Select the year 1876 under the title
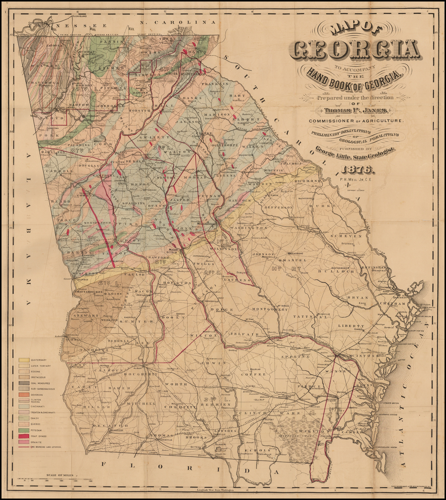point(357,169)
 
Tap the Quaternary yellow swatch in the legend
point(24,360)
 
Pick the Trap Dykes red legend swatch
point(24,436)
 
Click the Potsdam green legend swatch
point(24,430)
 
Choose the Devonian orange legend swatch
point(24,394)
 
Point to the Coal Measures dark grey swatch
point(24,383)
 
